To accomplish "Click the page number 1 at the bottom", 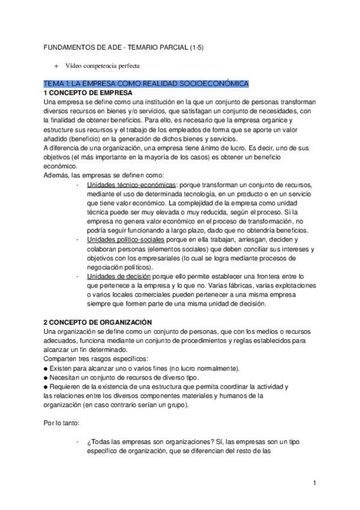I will [x=314, y=484].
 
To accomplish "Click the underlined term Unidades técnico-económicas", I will [x=132, y=184].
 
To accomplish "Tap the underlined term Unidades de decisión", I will [x=118, y=276].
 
